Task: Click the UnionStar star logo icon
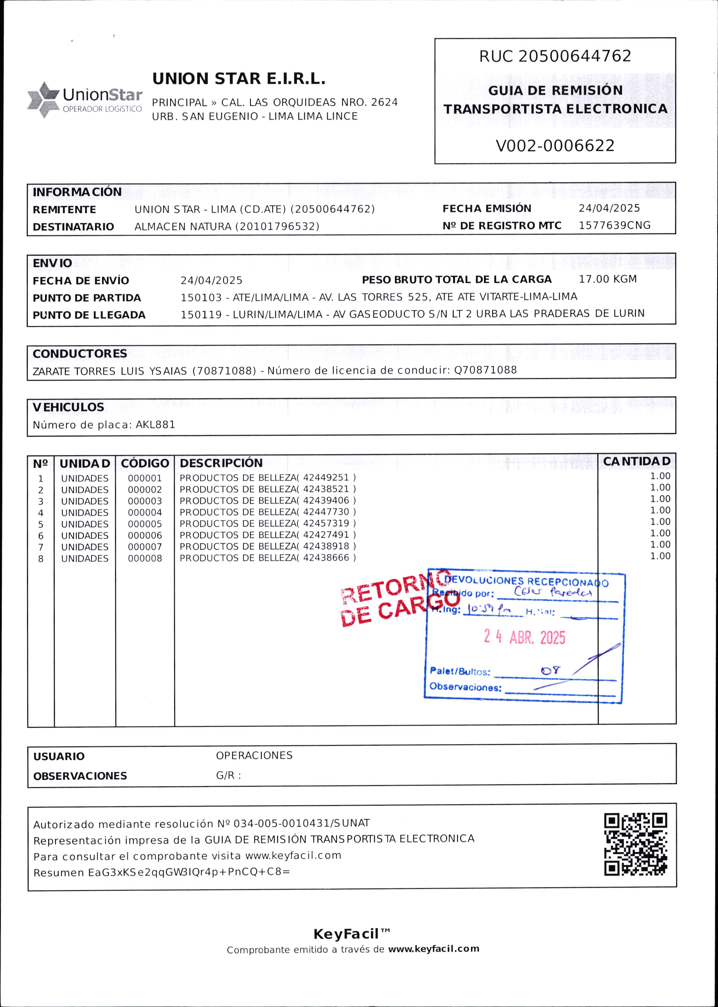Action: [x=43, y=100]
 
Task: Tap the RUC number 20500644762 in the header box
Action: [x=574, y=56]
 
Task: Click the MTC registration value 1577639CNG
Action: [x=614, y=225]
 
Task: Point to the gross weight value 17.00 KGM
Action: [x=608, y=279]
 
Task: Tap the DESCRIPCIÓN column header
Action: [x=221, y=463]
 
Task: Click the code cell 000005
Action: [x=145, y=524]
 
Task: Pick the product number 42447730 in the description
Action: [x=326, y=512]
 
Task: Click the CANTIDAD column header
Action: [x=636, y=461]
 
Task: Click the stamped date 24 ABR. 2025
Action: [x=524, y=637]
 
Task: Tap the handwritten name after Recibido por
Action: [x=553, y=592]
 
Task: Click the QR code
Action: [x=635, y=844]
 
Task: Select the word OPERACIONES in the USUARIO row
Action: [x=254, y=756]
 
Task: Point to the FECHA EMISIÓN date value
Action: [x=609, y=208]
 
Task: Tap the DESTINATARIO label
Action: [x=73, y=226]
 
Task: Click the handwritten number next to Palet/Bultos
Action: [x=551, y=670]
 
